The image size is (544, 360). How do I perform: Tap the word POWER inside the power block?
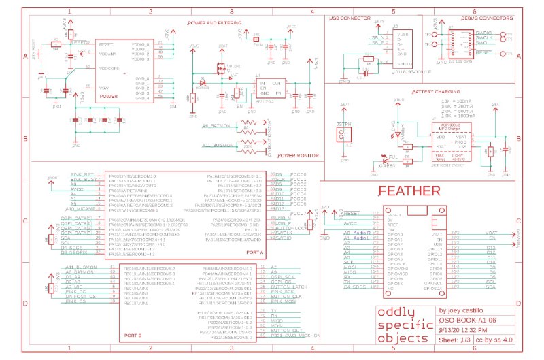coord(109,96)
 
